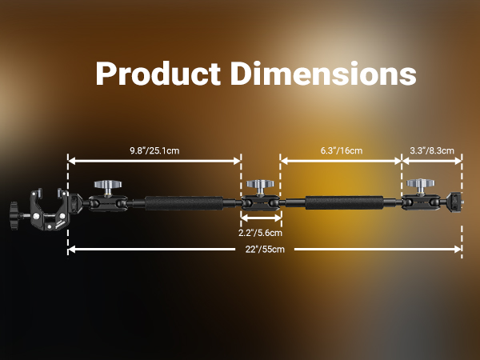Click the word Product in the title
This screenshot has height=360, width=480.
(158, 74)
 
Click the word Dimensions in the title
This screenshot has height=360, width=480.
(323, 74)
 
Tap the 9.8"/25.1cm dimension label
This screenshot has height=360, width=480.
(154, 150)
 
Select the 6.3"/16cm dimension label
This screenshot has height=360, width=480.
(342, 150)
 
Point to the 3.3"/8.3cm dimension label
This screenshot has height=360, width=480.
(432, 150)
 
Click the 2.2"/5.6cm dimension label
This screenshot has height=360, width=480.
(260, 233)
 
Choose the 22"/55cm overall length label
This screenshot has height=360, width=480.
(265, 249)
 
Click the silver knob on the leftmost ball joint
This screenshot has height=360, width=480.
(108, 187)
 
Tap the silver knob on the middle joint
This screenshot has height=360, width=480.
(260, 187)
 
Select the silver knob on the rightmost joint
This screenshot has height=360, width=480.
(420, 186)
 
